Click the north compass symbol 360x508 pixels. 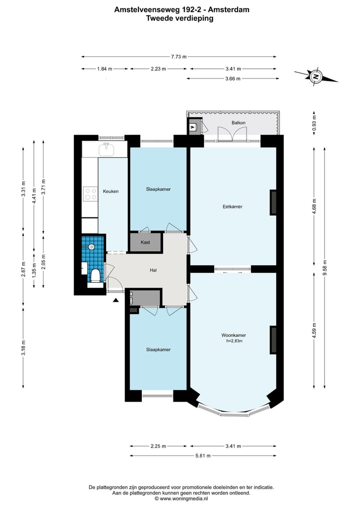[x=315, y=77]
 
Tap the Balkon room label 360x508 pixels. [x=238, y=123]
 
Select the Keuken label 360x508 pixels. [x=110, y=191]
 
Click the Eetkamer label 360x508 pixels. [x=232, y=206]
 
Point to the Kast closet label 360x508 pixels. [x=145, y=242]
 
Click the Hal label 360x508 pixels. [x=153, y=270]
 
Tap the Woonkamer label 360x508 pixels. [x=233, y=335]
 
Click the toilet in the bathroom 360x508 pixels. [x=95, y=276]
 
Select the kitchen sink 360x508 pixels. [x=106, y=149]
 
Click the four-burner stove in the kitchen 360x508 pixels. [x=90, y=194]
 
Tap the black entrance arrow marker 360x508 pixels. [x=115, y=300]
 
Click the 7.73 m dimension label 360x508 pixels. [x=178, y=57]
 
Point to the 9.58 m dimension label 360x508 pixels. [x=324, y=268]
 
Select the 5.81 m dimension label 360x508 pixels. [x=203, y=456]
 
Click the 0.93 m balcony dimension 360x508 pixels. [x=314, y=123]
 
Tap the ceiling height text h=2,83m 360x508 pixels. [x=234, y=341]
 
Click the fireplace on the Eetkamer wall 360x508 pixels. [x=273, y=202]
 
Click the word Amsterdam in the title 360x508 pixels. [x=228, y=9]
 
